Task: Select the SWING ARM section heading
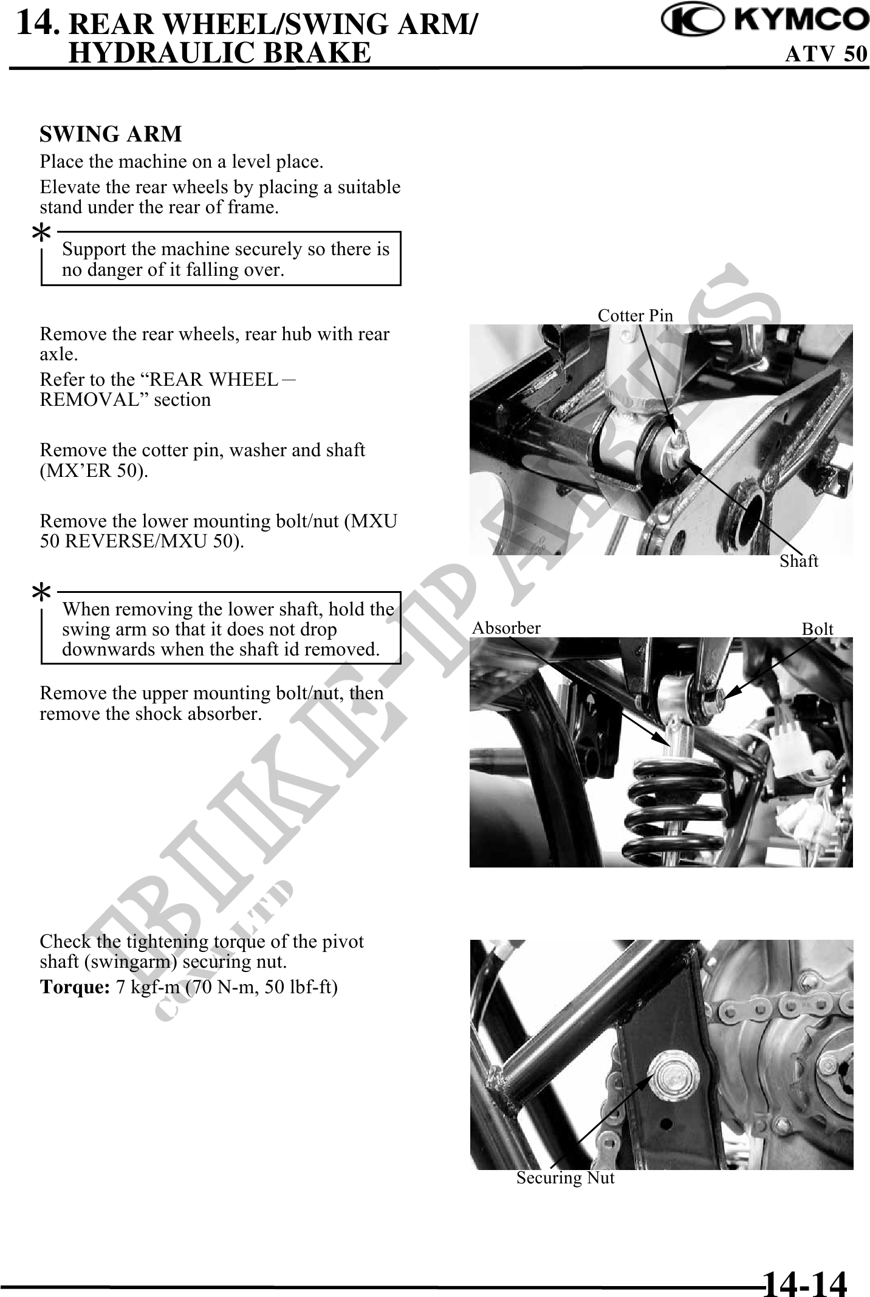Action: (x=111, y=134)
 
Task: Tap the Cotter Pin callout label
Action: (x=635, y=315)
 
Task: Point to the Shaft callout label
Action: (x=799, y=561)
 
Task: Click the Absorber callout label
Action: (x=506, y=628)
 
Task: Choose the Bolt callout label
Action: (x=818, y=629)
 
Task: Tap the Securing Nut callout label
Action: (x=566, y=1178)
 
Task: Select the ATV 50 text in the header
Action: (x=826, y=54)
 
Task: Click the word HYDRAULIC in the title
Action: (x=160, y=53)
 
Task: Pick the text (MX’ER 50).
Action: (x=94, y=471)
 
